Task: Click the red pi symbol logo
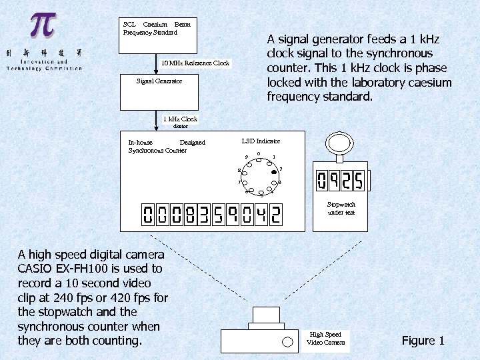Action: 41,26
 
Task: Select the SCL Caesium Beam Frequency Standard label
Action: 157,28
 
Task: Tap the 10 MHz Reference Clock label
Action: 195,63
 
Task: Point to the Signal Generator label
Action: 159,81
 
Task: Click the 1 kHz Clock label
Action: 180,119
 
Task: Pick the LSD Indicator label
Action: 261,141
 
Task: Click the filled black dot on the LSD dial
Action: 274,171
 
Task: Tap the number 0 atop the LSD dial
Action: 258,154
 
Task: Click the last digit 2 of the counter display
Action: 275,215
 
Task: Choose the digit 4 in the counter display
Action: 259,215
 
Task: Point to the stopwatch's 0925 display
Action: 340,181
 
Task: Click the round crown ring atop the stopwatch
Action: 341,142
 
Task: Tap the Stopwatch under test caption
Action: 341,208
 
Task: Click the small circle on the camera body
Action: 288,341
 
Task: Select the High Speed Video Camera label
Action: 326,339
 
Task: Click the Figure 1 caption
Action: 423,341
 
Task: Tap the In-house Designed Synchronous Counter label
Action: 167,146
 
